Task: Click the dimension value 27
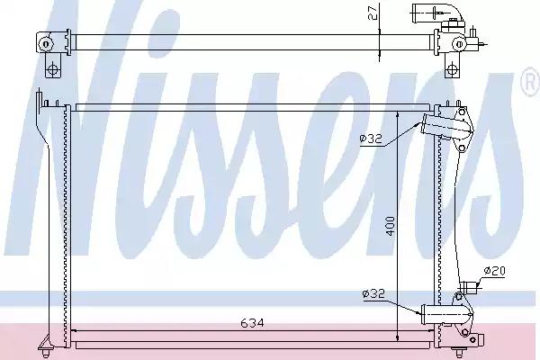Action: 373,13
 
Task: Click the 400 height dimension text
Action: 390,226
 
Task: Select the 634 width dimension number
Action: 252,323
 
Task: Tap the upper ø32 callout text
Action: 371,139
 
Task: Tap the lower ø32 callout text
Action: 373,294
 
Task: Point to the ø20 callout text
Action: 494,271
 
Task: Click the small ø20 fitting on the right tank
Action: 469,286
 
